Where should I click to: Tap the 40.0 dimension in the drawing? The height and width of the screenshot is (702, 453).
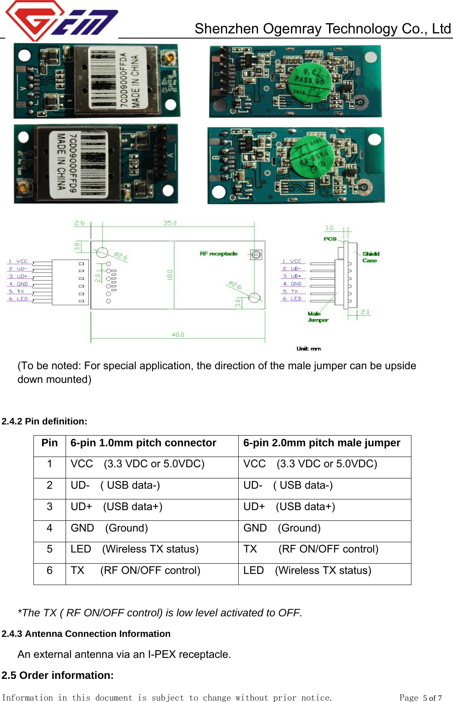(x=178, y=335)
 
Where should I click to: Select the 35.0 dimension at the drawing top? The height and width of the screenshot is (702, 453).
(x=170, y=223)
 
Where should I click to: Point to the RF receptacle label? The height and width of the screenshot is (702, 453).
(x=219, y=254)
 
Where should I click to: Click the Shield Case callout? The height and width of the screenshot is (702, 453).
(x=370, y=257)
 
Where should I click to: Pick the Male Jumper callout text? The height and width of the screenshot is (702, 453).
(x=318, y=317)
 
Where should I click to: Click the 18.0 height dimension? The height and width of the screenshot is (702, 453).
(x=170, y=275)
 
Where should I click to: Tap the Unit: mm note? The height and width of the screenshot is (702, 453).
(x=309, y=349)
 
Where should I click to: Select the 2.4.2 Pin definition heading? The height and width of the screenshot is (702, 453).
(x=44, y=421)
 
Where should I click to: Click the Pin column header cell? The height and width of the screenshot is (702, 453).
(x=50, y=443)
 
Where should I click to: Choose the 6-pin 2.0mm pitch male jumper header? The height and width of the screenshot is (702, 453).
(x=321, y=443)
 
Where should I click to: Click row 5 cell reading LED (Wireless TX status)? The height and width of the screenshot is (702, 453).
(x=135, y=550)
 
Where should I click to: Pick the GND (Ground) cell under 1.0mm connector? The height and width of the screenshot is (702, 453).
(x=109, y=528)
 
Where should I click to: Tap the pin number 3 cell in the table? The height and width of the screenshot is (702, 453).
(x=50, y=507)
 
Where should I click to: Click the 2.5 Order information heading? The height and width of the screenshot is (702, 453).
(x=57, y=675)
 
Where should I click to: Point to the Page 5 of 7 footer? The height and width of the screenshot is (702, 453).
(x=420, y=698)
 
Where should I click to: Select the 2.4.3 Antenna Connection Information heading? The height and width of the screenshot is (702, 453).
(x=86, y=634)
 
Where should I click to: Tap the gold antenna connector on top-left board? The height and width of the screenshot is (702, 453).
(x=169, y=57)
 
